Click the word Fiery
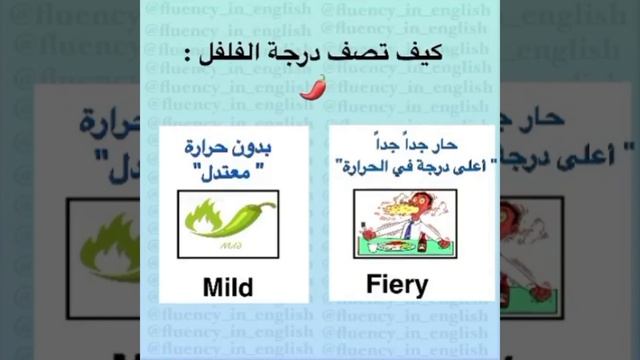(x=397, y=284)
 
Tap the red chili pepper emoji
(x=314, y=88)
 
